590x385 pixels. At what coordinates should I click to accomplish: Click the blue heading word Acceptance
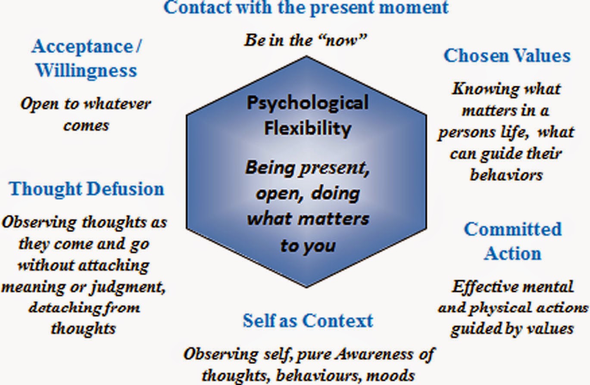click(x=82, y=47)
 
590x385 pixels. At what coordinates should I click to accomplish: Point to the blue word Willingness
click(x=86, y=71)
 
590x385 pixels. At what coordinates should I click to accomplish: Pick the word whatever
click(x=118, y=104)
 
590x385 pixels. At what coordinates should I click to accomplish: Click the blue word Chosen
click(x=476, y=56)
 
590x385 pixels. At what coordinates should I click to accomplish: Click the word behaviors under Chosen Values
click(x=506, y=175)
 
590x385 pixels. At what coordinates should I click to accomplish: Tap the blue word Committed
click(x=513, y=229)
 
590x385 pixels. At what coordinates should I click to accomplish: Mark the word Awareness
click(x=374, y=354)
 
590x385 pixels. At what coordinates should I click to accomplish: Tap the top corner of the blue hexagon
click(x=306, y=56)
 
